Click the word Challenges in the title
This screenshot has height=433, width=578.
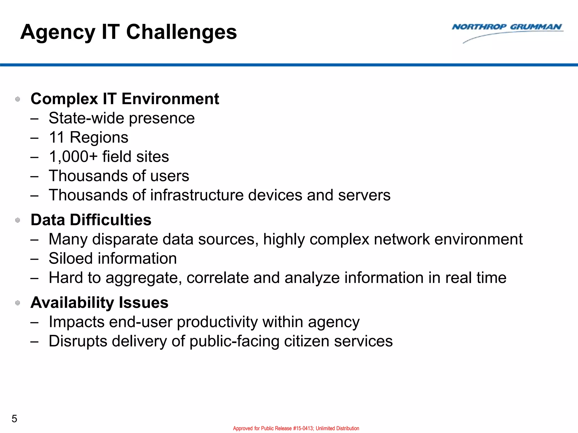[x=181, y=32]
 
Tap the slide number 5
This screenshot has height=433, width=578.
[x=14, y=419]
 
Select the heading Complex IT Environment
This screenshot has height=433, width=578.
[x=124, y=99]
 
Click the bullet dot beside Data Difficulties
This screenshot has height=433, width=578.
[x=18, y=220]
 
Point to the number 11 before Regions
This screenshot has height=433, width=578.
[x=57, y=138]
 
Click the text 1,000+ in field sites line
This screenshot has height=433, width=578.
[x=73, y=157]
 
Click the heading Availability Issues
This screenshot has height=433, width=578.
[x=99, y=303]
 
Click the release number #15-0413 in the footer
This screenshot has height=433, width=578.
[x=303, y=428]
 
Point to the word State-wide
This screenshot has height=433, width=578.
[x=87, y=118]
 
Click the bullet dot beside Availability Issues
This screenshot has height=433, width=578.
[x=18, y=303]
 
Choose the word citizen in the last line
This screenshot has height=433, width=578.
[x=306, y=341]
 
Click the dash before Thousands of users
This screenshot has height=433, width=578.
[x=34, y=176]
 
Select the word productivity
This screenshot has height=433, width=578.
[x=217, y=322]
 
